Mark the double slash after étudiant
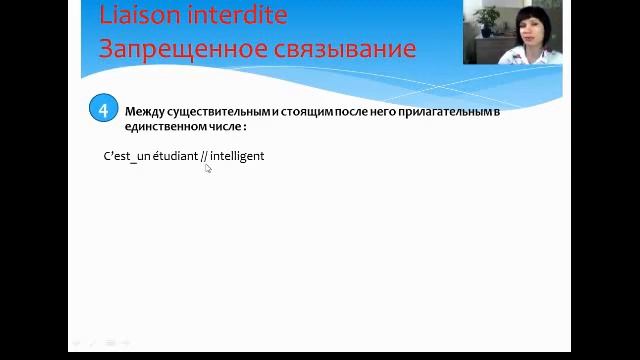tap(204, 156)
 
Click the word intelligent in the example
tap(238, 156)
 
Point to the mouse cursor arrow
tap(208, 169)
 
